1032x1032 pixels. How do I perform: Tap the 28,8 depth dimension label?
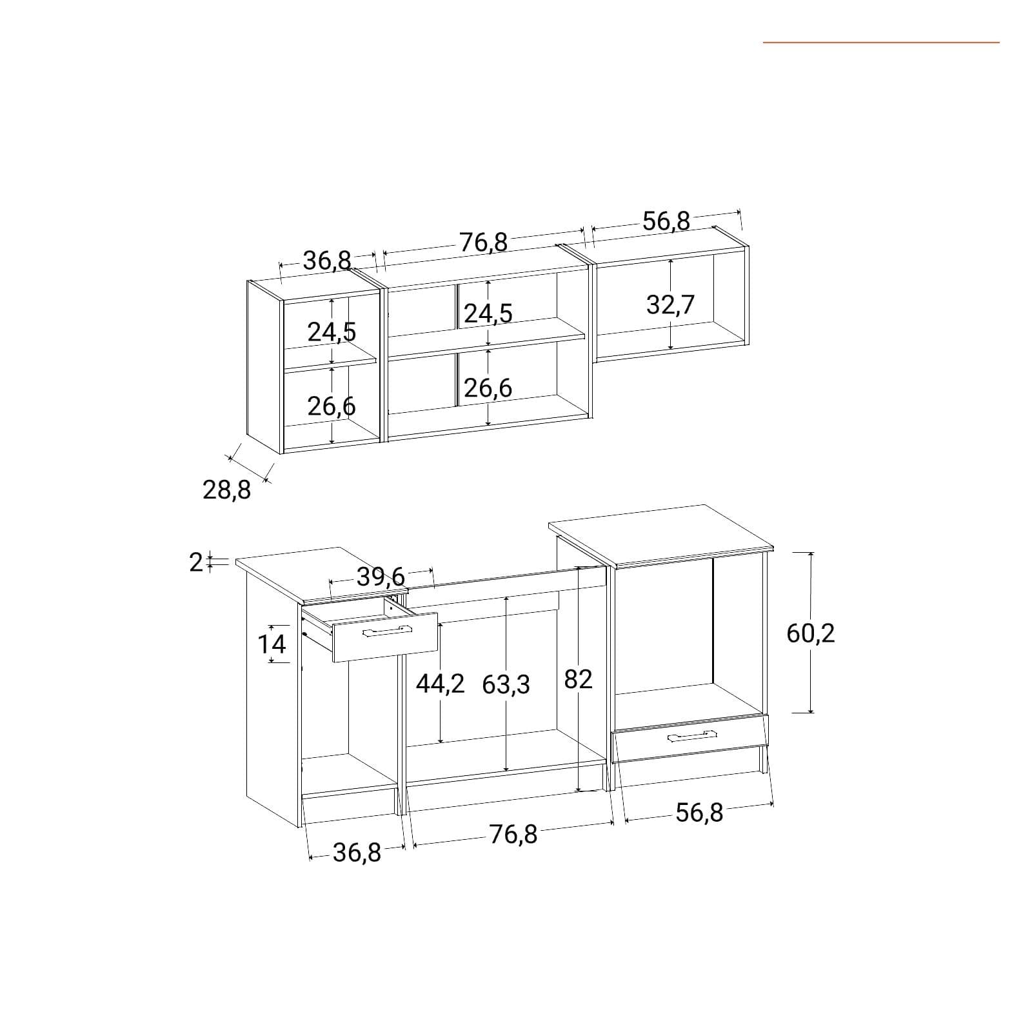(x=226, y=490)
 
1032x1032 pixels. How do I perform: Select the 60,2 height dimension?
(x=811, y=633)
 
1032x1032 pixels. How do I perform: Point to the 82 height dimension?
(x=578, y=679)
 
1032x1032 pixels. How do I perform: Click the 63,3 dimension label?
(x=506, y=684)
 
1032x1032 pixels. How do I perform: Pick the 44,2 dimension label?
(x=440, y=683)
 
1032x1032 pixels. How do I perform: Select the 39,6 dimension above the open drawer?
(x=381, y=577)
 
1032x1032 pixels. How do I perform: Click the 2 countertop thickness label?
(x=196, y=562)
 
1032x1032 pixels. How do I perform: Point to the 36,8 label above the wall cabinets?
(x=328, y=261)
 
